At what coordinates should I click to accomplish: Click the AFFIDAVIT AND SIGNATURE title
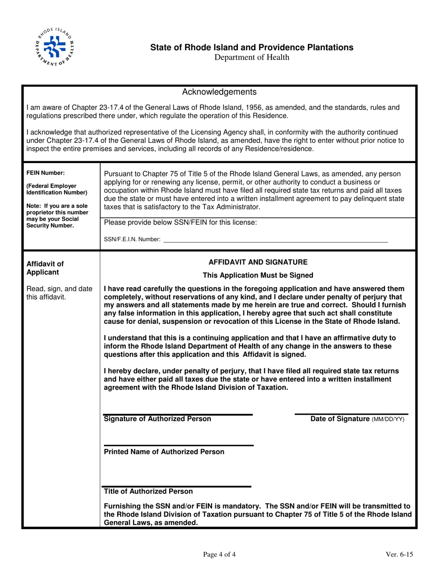[x=258, y=262]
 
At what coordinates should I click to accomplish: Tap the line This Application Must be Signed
[x=258, y=276]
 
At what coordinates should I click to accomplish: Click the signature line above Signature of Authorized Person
[x=178, y=414]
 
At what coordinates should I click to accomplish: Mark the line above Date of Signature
[x=351, y=414]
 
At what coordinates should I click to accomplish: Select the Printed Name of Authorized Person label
[x=165, y=452]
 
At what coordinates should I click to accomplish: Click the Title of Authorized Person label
[x=149, y=491]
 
